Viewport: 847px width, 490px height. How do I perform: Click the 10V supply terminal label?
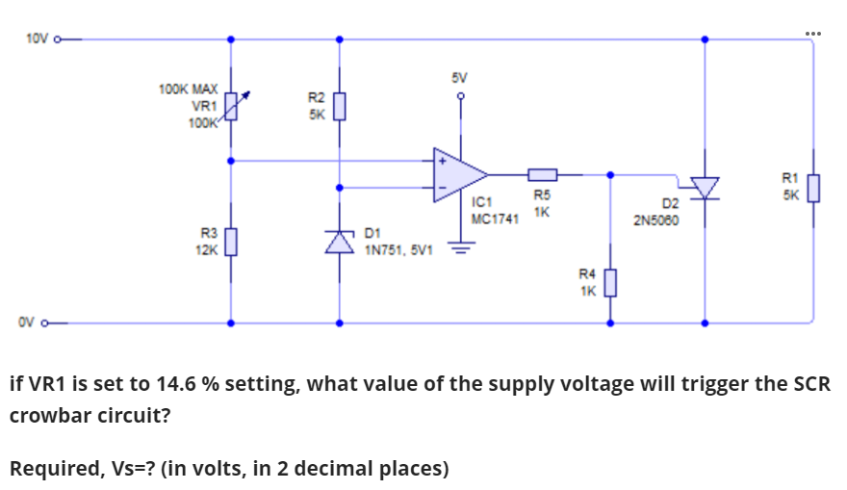coord(36,39)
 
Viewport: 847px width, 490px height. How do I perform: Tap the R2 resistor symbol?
coord(338,105)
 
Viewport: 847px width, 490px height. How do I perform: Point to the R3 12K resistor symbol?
coord(230,241)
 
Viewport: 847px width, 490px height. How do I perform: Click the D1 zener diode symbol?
coord(338,243)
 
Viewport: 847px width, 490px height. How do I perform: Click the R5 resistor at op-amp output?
coord(542,174)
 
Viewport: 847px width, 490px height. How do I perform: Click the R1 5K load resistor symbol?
coord(813,186)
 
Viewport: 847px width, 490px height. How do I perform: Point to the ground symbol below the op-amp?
coord(461,245)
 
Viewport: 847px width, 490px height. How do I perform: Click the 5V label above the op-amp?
coord(460,76)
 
